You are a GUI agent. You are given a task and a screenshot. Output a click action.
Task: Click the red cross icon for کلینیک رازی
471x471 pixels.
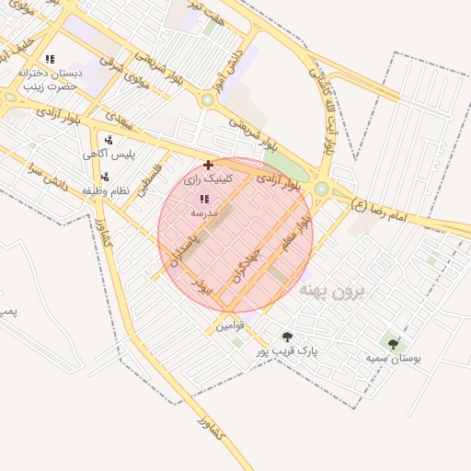(208, 165)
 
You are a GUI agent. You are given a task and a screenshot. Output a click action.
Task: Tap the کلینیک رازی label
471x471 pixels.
(210, 179)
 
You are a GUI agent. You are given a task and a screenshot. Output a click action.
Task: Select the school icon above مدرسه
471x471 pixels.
(203, 199)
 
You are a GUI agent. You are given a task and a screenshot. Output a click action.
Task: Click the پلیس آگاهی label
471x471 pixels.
(109, 154)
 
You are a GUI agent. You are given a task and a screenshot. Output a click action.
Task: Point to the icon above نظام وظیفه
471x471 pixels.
(104, 177)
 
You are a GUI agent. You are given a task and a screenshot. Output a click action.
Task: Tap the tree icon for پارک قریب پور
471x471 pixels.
(287, 338)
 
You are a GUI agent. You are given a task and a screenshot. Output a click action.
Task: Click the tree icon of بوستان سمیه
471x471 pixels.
(393, 345)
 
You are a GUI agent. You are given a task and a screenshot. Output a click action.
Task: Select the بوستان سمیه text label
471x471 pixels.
(392, 358)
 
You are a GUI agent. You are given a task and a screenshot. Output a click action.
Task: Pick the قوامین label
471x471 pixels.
(229, 326)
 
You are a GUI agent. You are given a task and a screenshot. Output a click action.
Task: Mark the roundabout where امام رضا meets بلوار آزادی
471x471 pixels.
(322, 189)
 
